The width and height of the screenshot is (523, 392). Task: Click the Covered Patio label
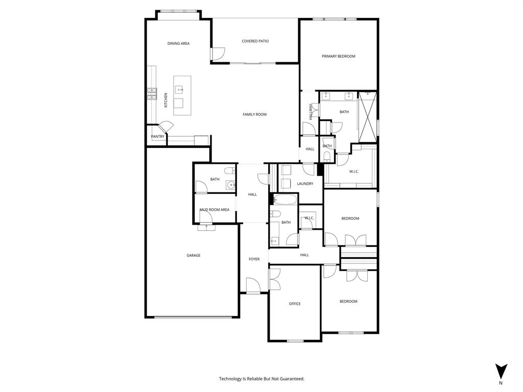[255, 41]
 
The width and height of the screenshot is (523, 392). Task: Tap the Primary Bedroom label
[338, 57]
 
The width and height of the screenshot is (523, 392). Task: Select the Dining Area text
[178, 44]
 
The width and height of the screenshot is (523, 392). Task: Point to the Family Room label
[254, 115]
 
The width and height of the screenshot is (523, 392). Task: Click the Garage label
[193, 256]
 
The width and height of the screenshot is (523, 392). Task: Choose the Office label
[295, 304]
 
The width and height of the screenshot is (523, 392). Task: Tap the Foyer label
[254, 259]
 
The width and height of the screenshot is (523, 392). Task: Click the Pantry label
[158, 137]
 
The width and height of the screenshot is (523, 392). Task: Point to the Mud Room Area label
[215, 210]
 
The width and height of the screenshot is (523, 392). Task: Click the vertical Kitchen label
[165, 100]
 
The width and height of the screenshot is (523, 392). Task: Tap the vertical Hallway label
[310, 112]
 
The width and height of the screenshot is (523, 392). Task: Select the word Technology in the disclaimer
[230, 379]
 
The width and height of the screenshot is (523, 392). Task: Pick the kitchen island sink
[180, 89]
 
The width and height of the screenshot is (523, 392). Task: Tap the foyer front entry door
[253, 285]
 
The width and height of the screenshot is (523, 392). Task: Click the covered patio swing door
[218, 54]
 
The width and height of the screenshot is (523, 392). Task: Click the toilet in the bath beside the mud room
[229, 170]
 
